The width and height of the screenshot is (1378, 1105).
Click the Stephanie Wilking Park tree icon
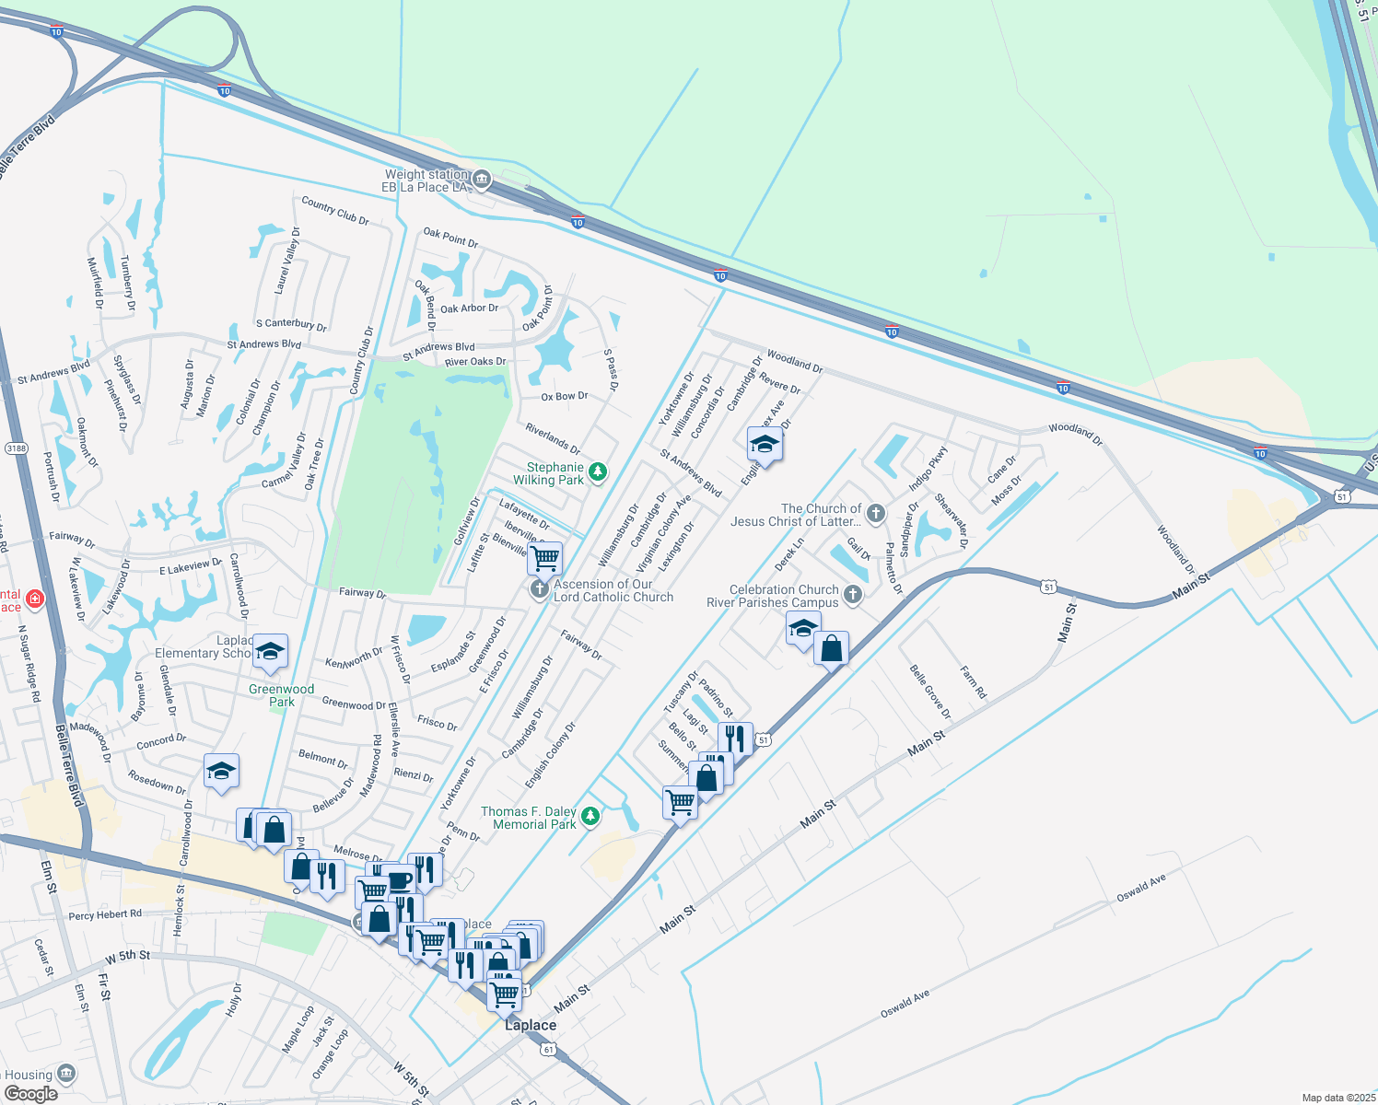click(598, 472)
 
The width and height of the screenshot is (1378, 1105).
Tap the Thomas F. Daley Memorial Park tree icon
click(590, 816)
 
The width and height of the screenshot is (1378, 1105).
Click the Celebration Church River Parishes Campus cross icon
click(853, 594)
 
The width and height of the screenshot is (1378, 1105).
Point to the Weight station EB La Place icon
click(482, 180)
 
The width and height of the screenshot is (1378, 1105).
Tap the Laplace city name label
click(531, 1025)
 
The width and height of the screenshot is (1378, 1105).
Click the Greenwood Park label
click(281, 695)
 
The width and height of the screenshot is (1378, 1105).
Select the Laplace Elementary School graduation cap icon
click(270, 650)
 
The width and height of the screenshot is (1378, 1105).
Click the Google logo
click(30, 1093)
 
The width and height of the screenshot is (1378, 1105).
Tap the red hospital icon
click(35, 599)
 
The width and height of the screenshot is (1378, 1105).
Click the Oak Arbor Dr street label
click(469, 308)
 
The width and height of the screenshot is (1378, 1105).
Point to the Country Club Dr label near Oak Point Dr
click(335, 211)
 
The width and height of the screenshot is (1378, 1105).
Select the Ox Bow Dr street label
click(565, 397)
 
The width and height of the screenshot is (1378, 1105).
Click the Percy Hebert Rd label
click(105, 914)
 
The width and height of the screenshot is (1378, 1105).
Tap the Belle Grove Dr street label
click(929, 692)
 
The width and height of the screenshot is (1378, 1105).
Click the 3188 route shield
click(16, 448)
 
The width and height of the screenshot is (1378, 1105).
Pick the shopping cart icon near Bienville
click(545, 556)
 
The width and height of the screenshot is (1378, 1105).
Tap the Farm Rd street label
click(973, 682)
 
